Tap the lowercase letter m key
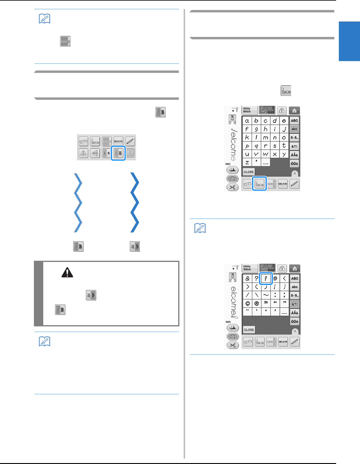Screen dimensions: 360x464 (266, 137)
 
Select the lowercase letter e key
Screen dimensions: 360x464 (284, 121)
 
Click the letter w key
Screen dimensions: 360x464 (266, 154)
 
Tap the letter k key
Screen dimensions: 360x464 (247, 137)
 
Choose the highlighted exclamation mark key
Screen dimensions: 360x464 (266, 279)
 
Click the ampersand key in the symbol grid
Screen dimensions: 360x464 (247, 279)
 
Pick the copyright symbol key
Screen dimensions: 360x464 (247, 303)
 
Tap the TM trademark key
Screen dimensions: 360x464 (266, 303)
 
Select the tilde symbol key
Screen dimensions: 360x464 (266, 295)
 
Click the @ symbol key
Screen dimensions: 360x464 (275, 279)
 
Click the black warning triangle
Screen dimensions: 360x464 (67, 273)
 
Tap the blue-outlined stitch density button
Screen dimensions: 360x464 (118, 153)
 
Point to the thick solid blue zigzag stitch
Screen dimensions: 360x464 (135, 202)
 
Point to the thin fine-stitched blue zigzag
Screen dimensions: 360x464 (78, 202)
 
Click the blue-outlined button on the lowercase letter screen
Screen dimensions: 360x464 (260, 184)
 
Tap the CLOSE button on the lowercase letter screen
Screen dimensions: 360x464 (249, 172)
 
